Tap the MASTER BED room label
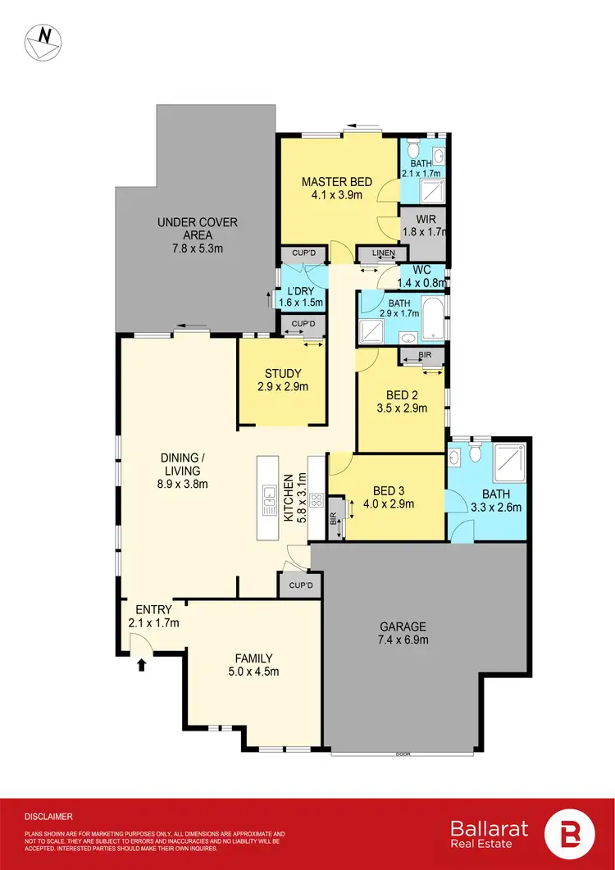(337, 188)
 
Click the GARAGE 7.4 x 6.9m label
(396, 632)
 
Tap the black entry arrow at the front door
(141, 664)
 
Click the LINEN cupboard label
(383, 253)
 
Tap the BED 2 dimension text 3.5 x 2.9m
(401, 408)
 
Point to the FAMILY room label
(253, 664)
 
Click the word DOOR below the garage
(402, 754)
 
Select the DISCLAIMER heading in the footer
(48, 817)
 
